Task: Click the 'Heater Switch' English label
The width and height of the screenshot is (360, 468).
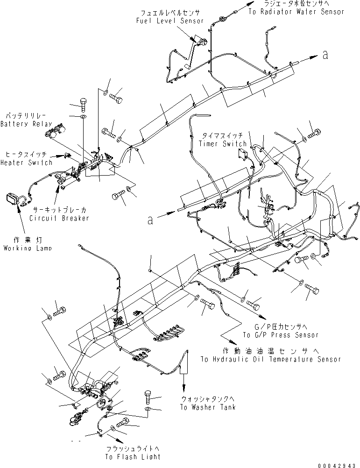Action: tap(26, 163)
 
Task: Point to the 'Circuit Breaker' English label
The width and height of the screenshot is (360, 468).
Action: tap(59, 218)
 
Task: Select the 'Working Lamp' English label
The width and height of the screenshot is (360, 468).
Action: tap(28, 248)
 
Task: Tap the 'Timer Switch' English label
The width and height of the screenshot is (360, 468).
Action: tap(222, 144)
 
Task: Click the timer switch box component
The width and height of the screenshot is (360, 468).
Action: tap(243, 154)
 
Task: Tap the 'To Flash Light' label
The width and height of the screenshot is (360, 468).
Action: tap(133, 456)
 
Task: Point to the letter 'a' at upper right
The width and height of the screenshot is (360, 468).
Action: tap(325, 55)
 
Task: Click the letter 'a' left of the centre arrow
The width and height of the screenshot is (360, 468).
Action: tap(150, 220)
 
